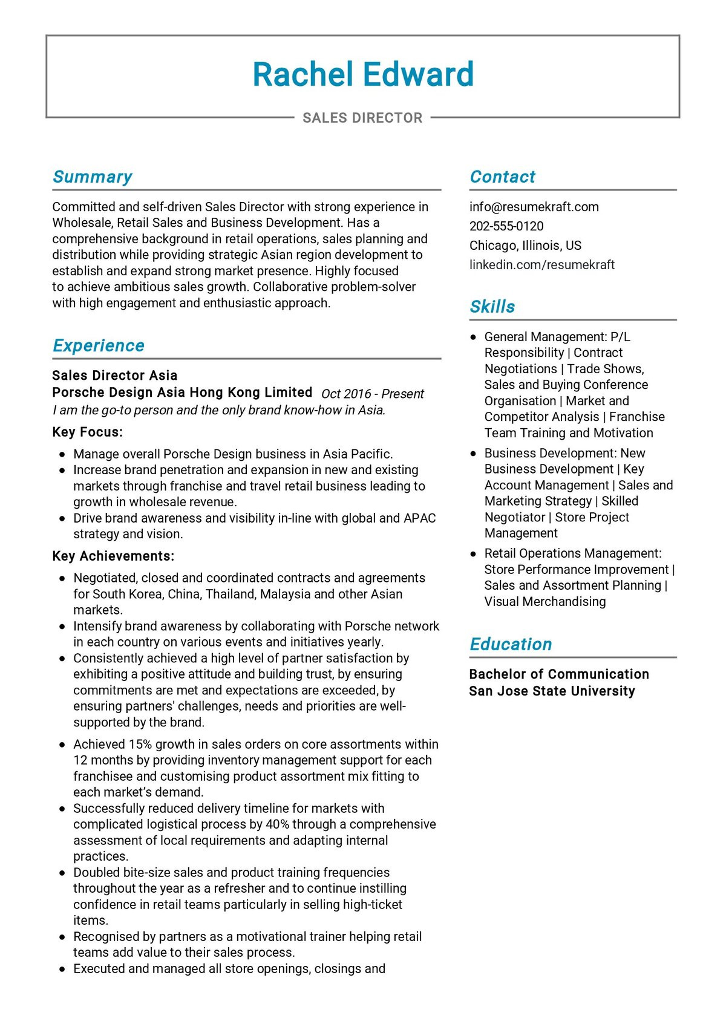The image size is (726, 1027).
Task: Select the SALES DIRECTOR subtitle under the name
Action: (362, 118)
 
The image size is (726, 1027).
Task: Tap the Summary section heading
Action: (93, 177)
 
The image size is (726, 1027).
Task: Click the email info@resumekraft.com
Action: (534, 207)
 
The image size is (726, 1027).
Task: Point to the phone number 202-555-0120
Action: (506, 226)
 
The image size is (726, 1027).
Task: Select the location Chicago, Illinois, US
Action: (525, 246)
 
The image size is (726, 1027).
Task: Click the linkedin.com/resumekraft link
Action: (541, 265)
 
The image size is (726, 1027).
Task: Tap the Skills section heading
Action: (492, 307)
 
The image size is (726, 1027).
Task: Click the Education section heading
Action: (511, 644)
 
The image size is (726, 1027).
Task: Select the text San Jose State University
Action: (552, 691)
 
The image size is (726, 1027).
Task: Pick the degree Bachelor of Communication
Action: (559, 674)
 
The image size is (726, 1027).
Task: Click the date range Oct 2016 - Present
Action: (372, 394)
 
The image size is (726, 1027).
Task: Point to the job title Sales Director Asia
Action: (115, 376)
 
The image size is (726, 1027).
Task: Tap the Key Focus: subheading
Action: (88, 432)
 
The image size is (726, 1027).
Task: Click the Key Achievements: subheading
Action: (113, 556)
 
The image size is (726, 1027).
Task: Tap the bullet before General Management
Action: (474, 337)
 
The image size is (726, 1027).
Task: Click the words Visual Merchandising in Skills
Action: (544, 602)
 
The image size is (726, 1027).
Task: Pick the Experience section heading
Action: (99, 345)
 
